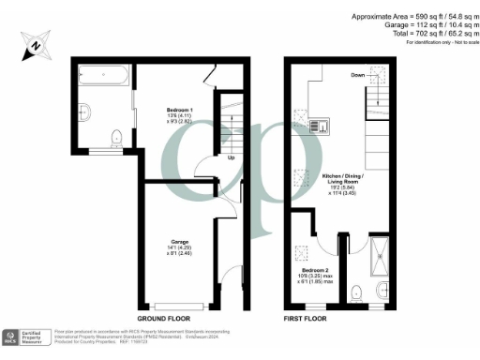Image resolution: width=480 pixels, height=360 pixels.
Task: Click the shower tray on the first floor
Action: click(382, 255)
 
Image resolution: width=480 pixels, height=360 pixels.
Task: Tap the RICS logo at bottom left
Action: click(12, 336)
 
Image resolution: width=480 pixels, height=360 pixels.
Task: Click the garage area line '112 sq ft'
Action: click(433, 26)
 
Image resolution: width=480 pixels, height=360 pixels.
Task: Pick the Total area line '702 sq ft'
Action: click(431, 36)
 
